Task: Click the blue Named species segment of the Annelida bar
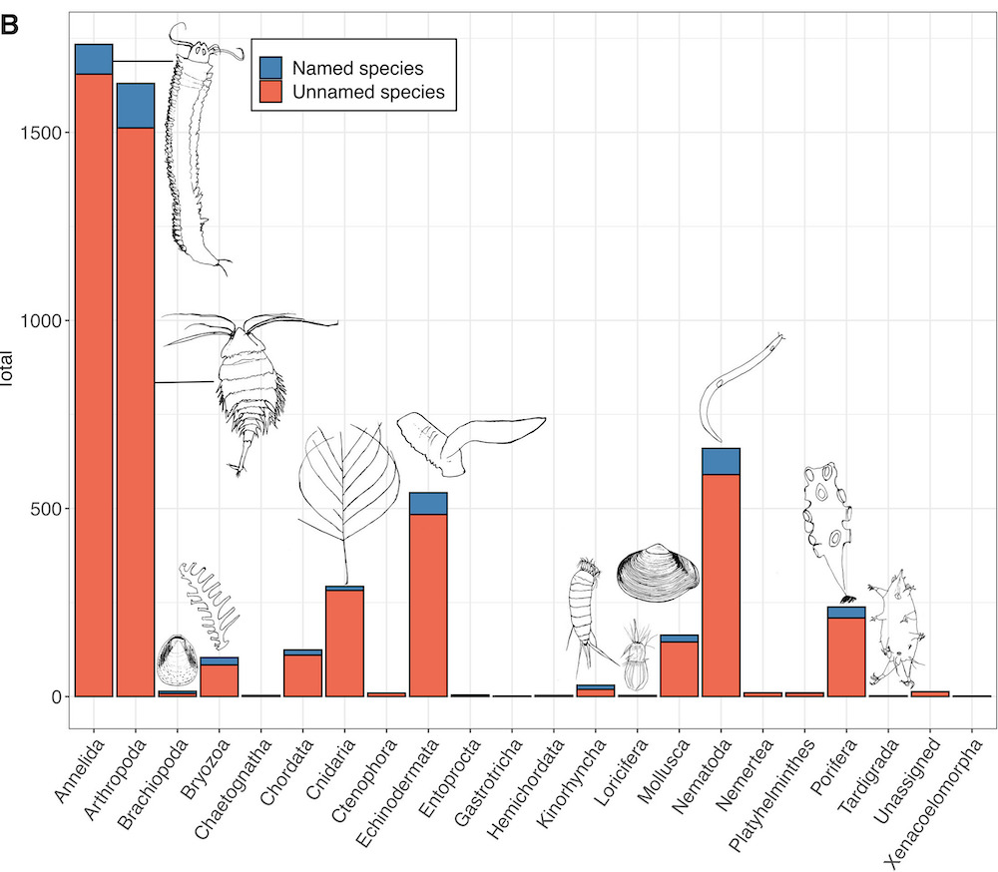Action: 94,59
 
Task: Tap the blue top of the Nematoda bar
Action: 721,461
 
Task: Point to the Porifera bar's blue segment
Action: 846,612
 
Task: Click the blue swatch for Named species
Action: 271,68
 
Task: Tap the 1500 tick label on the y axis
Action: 38,133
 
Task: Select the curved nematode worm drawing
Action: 734,389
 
